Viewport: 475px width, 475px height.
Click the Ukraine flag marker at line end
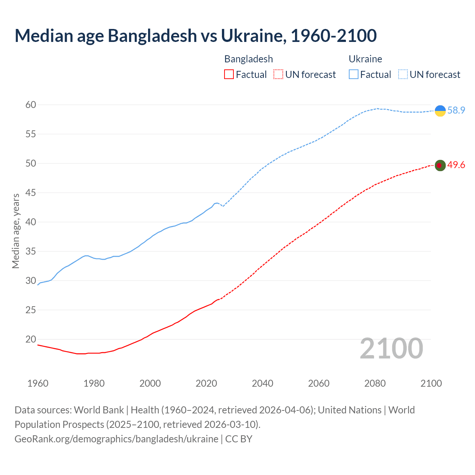tap(440, 111)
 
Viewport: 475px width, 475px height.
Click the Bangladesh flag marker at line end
tap(440, 165)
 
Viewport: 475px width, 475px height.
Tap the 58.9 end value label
tap(456, 111)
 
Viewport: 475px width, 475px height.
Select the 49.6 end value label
tap(456, 165)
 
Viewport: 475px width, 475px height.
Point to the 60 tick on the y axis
tap(31, 105)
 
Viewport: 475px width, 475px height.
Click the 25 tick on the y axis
tap(31, 310)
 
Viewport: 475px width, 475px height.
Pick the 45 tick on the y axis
tap(31, 193)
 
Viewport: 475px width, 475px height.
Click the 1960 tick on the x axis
tap(38, 383)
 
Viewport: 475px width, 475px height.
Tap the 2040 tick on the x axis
tap(262, 383)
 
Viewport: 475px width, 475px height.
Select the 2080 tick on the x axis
tap(375, 383)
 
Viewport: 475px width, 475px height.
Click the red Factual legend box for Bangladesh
tap(229, 75)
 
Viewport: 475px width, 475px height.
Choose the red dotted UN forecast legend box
tap(278, 75)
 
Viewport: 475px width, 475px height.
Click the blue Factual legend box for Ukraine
tap(354, 75)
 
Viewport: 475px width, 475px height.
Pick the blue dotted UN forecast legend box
tap(403, 75)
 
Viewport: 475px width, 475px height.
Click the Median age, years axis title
tap(16, 231)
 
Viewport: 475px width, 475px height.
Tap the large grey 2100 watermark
tap(391, 348)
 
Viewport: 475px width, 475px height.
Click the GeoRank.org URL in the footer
tap(116, 439)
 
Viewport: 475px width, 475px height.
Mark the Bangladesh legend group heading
tap(249, 59)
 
